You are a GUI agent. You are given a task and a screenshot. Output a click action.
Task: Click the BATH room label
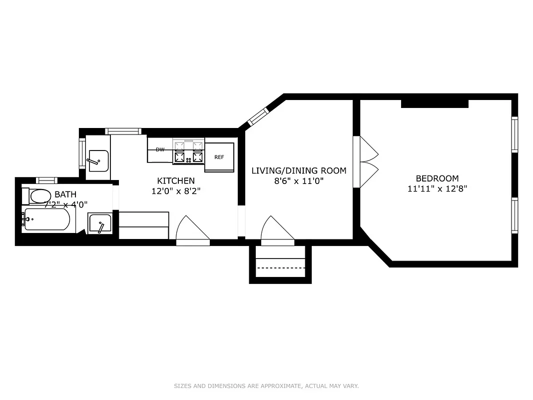coord(65,194)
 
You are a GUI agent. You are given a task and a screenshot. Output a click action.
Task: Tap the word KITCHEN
coord(176,180)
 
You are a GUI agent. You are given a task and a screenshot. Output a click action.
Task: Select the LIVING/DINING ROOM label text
coord(299,170)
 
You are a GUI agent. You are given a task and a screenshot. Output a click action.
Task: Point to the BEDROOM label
coord(437,178)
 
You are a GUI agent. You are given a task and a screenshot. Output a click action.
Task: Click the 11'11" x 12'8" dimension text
coord(437,189)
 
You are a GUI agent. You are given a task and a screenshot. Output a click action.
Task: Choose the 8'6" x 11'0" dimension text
coord(299,181)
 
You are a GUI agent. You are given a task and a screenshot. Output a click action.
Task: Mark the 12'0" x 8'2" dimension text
coord(176,191)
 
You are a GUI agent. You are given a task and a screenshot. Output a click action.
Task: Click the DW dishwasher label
coord(160,149)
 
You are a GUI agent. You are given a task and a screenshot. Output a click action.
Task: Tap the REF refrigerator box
coord(219,157)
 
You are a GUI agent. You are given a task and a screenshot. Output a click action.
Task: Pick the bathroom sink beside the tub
coord(100,223)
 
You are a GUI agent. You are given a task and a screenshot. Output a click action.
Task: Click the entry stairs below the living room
coord(280,263)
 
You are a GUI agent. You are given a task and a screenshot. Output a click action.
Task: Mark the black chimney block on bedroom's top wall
coord(435,103)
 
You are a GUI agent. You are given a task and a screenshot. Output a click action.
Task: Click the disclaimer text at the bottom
coord(266,386)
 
